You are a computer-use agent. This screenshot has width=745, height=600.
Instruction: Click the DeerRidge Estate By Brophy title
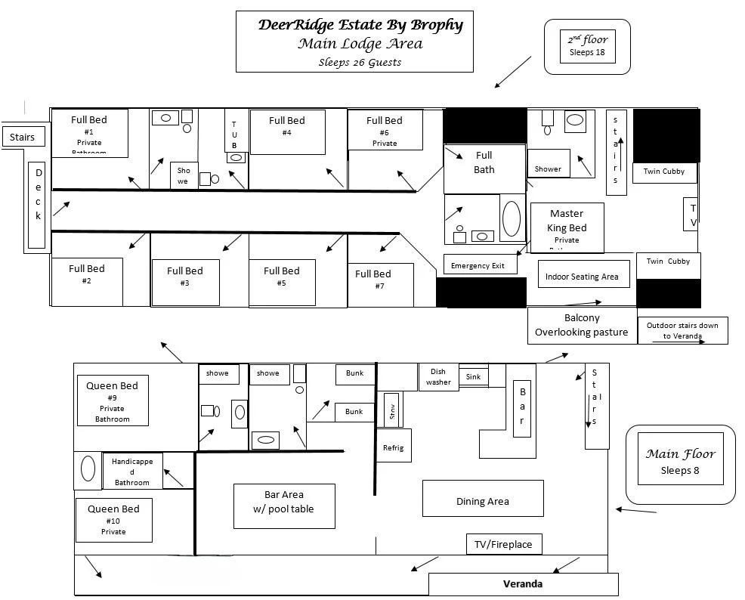(360, 25)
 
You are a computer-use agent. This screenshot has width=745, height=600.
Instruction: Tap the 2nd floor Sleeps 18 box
(587, 46)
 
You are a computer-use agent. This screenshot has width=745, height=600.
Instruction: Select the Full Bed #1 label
(89, 131)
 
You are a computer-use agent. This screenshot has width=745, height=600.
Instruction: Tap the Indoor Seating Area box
(582, 277)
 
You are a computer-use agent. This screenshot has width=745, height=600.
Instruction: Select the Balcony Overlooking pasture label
(581, 326)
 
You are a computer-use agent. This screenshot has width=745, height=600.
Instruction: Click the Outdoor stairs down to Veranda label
(682, 330)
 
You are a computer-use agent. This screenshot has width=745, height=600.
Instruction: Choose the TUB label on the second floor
(234, 135)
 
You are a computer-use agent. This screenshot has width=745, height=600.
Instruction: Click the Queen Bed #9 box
(113, 401)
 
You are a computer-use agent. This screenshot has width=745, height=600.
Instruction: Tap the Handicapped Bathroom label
(131, 472)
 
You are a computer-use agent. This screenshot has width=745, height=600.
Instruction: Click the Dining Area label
(482, 501)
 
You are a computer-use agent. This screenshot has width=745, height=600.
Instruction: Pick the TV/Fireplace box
(502, 544)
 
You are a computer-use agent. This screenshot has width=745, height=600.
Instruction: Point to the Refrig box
(393, 448)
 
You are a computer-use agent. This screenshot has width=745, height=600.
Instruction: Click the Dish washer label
(438, 376)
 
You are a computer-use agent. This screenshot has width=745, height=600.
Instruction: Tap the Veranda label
(523, 584)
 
